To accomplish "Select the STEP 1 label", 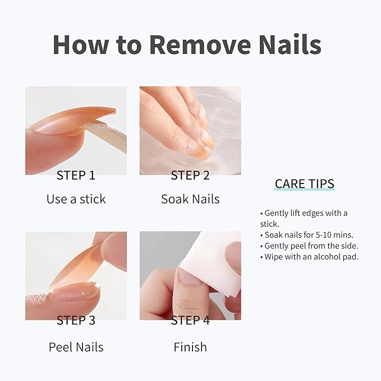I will tap(76, 175).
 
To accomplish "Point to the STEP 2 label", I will tap(190, 175).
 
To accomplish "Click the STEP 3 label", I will tap(76, 320).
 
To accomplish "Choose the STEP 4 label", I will tap(190, 320).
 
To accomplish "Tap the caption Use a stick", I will tap(76, 199).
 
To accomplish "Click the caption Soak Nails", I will tap(190, 199).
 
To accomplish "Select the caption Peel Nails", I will tap(76, 347).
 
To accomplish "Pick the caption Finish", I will tap(190, 347).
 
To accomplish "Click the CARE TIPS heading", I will tap(304, 183).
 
